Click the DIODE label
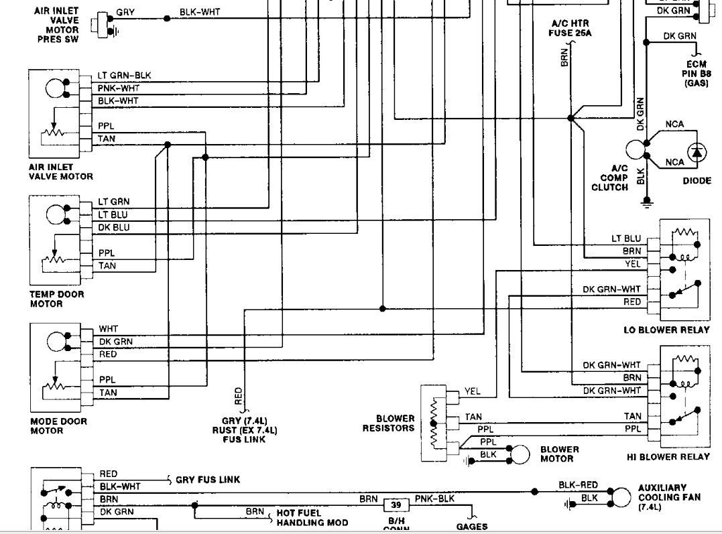[697, 181]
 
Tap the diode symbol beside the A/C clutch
[697, 152]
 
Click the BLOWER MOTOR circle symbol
[518, 455]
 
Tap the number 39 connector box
[396, 505]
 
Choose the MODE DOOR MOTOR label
[59, 426]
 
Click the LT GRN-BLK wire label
[124, 75]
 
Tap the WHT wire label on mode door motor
[109, 329]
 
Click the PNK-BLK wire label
[434, 499]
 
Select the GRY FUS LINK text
[208, 480]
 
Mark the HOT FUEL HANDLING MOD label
[312, 517]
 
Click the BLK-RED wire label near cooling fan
[578, 485]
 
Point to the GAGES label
[472, 527]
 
